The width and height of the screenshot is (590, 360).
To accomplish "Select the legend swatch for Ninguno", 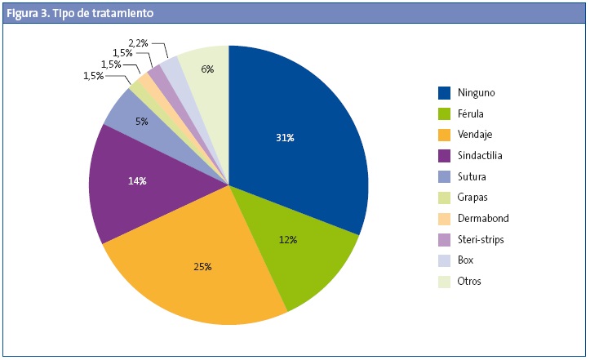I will pos(445,92).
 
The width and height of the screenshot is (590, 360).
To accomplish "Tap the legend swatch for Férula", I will pos(445,113).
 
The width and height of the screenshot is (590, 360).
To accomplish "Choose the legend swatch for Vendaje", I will pos(445,134).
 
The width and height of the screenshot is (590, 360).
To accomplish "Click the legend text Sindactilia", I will pos(481,155).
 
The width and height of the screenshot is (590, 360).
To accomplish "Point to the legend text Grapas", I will pos(473,198).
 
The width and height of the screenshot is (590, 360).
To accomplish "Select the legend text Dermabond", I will pos(482,219).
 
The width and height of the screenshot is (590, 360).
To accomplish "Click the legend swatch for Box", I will pos(445,260).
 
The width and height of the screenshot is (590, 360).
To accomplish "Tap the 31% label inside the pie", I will pos(285,138).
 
